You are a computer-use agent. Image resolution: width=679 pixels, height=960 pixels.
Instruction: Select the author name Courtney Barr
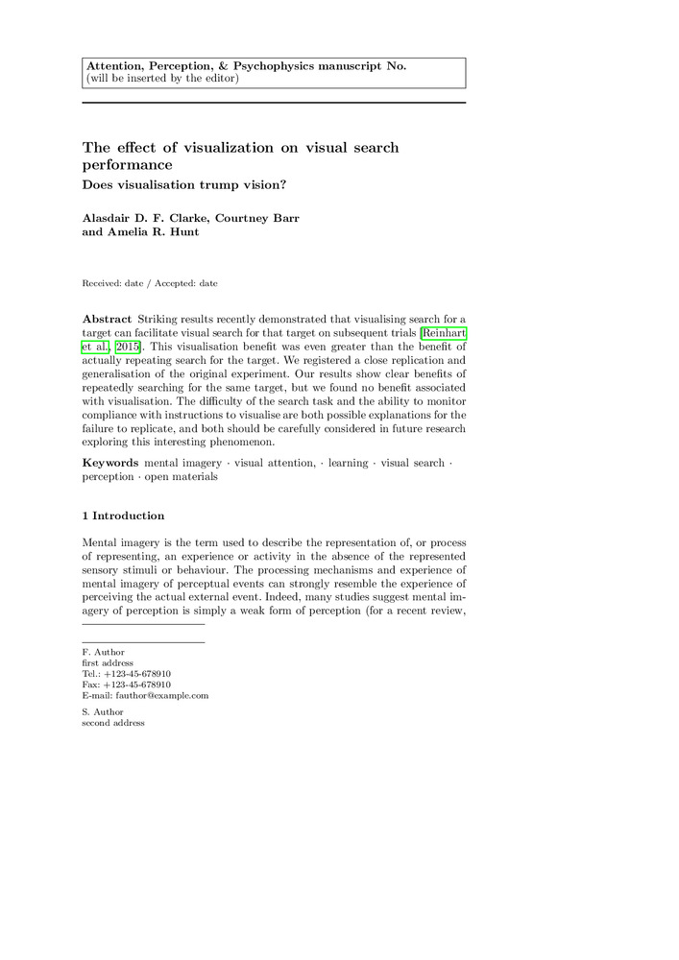[256, 218]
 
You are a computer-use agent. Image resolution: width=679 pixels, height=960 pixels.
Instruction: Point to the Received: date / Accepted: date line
[150, 283]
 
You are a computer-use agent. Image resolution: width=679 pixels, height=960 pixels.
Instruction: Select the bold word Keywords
[110, 463]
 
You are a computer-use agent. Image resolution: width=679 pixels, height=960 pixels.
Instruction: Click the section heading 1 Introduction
[123, 516]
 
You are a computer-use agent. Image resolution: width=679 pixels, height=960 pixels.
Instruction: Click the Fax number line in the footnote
[126, 684]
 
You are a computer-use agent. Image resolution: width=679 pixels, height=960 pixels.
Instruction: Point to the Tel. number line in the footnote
[127, 674]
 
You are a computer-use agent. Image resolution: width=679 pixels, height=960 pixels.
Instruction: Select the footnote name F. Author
[103, 653]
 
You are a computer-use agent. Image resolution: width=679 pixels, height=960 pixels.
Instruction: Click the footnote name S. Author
[103, 712]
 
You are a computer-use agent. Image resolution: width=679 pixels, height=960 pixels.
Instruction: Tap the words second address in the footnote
[113, 723]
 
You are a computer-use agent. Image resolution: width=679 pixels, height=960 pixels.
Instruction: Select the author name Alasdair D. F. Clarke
[145, 218]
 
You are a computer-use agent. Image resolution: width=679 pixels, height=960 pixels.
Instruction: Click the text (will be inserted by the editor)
[162, 78]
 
